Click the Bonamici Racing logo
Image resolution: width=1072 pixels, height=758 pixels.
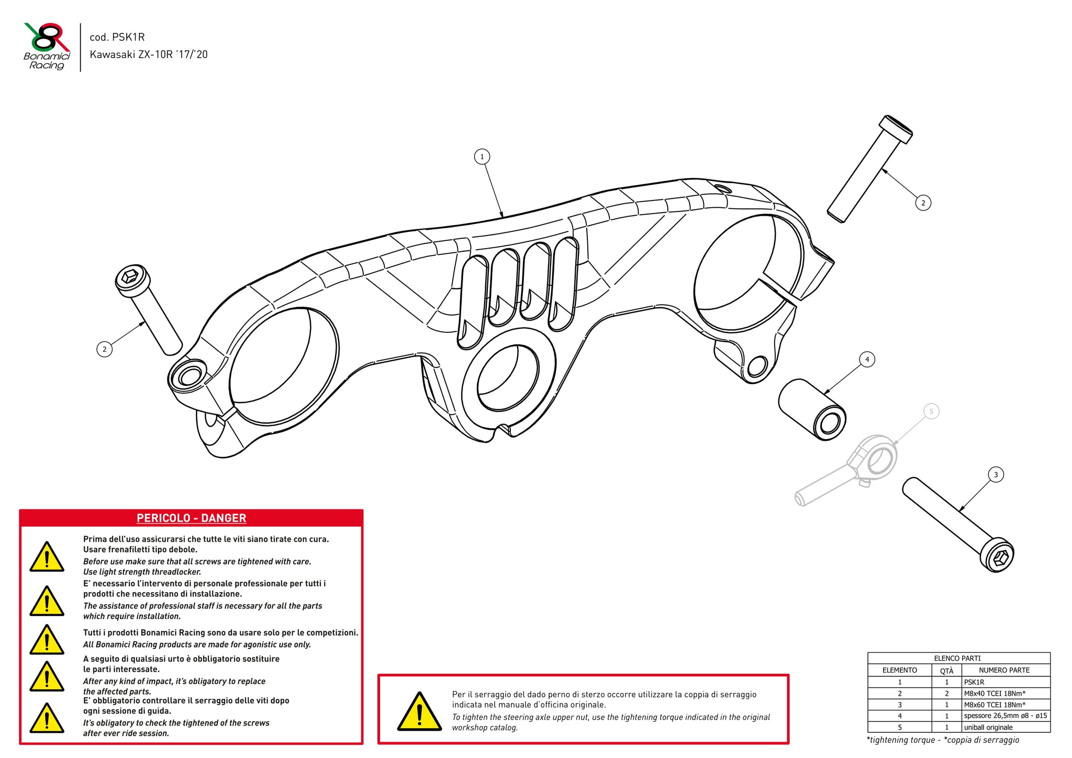47,46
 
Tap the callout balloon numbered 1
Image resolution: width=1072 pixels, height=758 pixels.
482,157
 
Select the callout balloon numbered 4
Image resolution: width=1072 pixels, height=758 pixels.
867,360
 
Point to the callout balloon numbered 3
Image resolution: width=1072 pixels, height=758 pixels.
996,475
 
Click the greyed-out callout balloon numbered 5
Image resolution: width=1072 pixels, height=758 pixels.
931,411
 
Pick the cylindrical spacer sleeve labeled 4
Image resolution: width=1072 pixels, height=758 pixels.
811,409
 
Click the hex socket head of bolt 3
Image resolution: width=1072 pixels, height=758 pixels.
997,555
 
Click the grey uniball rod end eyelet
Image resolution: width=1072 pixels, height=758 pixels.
880,459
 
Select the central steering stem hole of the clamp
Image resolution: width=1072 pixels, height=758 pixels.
507,376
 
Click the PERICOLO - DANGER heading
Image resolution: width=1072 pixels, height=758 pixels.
191,518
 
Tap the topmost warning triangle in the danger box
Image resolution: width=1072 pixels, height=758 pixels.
47,558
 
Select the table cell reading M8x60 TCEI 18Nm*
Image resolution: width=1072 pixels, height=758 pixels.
995,705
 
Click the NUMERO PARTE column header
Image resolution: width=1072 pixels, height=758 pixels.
1004,670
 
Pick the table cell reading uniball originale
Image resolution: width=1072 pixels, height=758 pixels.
988,727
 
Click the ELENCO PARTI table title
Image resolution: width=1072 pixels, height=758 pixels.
957,658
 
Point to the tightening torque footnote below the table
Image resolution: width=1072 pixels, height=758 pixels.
943,740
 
